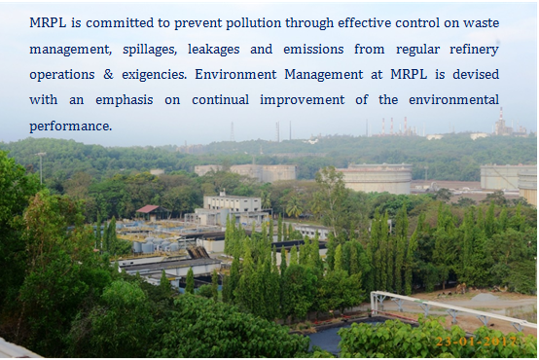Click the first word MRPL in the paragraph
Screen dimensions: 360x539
click(49, 21)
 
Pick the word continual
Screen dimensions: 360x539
click(214, 99)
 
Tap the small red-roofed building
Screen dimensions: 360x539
click(147, 209)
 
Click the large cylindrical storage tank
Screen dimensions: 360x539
click(377, 179)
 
